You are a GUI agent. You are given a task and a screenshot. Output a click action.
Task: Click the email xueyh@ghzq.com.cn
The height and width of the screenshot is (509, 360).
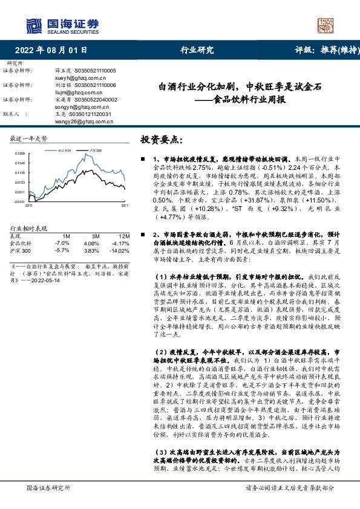[75, 78]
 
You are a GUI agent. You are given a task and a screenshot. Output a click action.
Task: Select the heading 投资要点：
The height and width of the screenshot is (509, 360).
[160, 140]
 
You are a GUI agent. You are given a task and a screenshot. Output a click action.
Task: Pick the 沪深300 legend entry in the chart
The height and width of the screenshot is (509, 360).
[95, 149]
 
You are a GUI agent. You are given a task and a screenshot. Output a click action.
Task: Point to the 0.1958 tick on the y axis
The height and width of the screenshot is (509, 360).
[19, 154]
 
